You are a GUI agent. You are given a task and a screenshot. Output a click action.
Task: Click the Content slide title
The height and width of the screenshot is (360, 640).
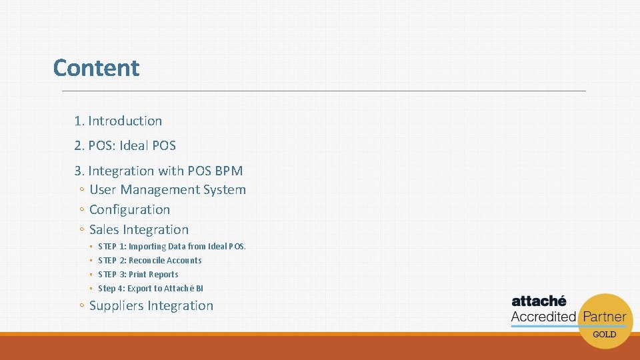tap(96, 68)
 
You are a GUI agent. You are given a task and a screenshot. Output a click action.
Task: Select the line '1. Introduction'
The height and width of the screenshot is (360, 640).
tap(118, 121)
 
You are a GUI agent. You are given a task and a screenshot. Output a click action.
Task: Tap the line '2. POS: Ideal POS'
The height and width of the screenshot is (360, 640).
tap(125, 145)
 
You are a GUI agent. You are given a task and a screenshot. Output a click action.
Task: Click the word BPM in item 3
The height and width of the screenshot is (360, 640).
tap(228, 171)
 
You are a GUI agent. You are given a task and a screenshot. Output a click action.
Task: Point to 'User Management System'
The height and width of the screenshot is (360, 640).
tap(167, 190)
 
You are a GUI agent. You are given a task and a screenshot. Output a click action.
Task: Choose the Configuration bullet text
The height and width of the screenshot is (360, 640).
tap(129, 209)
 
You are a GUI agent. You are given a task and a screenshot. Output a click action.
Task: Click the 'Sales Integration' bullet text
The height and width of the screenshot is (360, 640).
tap(139, 229)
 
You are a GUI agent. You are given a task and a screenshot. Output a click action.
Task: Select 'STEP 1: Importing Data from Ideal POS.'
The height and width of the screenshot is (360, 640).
tap(171, 247)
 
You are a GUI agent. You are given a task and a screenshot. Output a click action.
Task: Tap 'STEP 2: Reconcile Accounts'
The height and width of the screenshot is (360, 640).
tap(149, 261)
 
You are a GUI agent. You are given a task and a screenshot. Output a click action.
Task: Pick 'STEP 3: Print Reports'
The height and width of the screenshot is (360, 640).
tap(138, 275)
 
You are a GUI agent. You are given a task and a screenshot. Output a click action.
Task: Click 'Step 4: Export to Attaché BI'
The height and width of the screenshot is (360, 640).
tap(150, 289)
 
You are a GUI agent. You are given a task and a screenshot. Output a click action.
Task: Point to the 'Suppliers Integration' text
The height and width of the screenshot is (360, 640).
tap(151, 306)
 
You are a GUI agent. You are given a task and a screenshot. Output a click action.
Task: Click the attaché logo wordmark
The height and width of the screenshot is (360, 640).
tap(539, 301)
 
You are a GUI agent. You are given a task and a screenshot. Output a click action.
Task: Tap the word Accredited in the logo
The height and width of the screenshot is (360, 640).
tap(543, 317)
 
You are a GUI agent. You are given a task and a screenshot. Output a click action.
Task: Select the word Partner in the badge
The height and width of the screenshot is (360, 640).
tap(604, 317)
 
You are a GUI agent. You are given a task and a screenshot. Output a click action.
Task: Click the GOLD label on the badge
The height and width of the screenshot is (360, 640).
tap(604, 335)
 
